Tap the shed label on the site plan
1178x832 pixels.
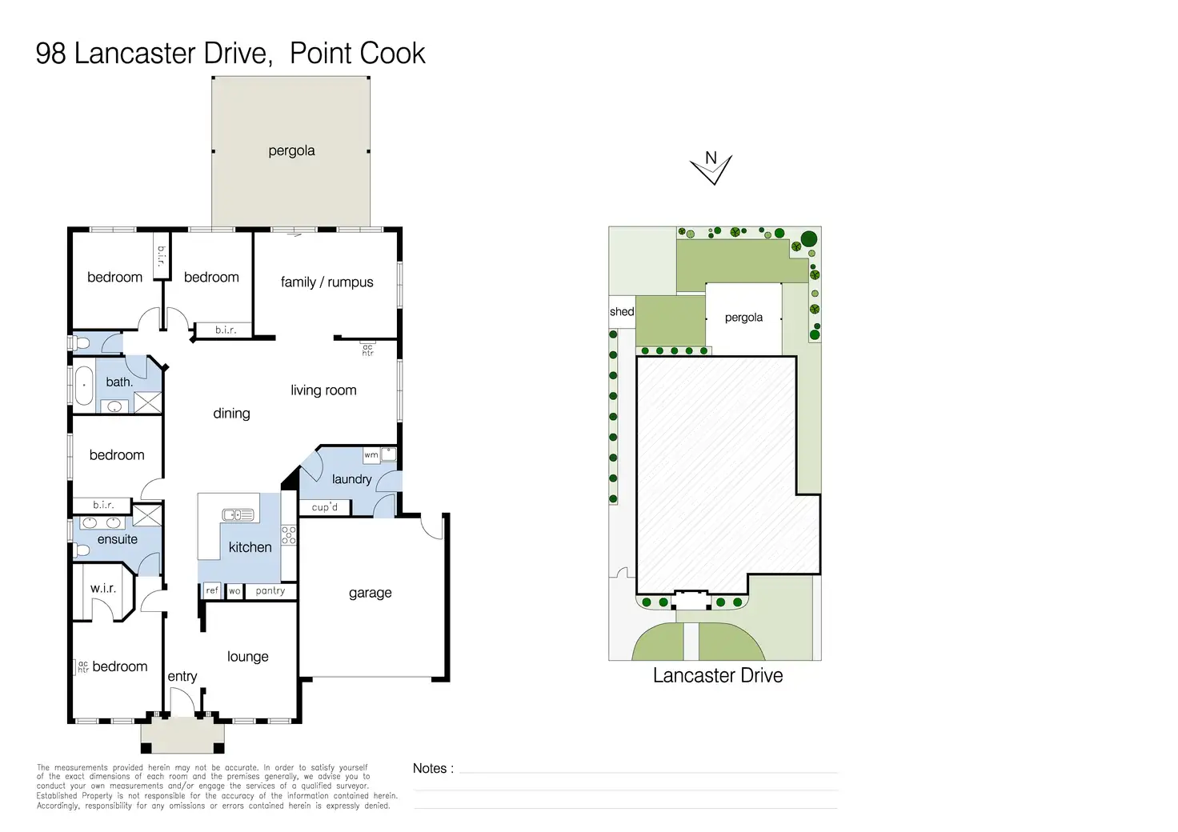[x=622, y=312]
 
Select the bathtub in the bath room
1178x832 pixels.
[x=83, y=386]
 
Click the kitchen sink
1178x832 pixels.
[x=238, y=515]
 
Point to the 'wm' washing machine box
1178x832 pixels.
[x=371, y=455]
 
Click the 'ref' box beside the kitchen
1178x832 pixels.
[x=212, y=590]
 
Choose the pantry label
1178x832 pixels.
[x=270, y=590]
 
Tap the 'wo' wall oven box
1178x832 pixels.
[x=234, y=591]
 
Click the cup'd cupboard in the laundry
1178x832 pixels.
[x=324, y=507]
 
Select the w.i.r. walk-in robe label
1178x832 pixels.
[x=103, y=589]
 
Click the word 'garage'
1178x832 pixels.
[x=371, y=594]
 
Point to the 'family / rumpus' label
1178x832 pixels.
[x=327, y=282]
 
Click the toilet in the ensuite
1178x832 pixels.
[x=82, y=550]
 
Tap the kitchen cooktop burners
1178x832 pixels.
[x=289, y=535]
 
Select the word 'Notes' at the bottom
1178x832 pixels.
[x=430, y=769]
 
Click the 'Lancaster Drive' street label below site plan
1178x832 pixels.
[x=718, y=675]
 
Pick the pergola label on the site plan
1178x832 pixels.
[x=743, y=318]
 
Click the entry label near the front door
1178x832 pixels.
[x=182, y=677]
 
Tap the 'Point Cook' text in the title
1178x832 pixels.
[x=358, y=53]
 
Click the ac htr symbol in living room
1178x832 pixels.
[x=367, y=350]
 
